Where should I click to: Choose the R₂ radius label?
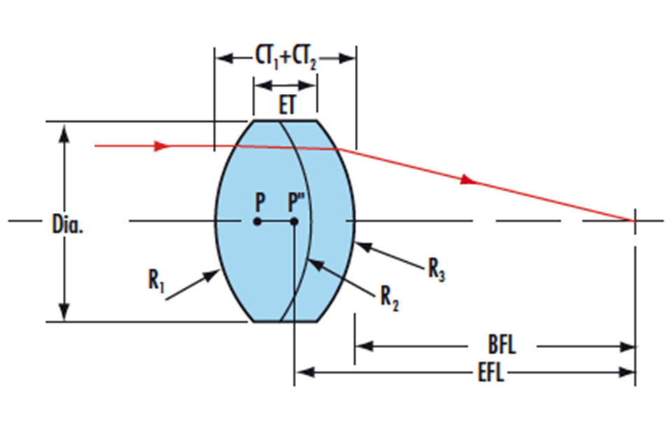[x=389, y=297]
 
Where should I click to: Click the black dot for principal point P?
[x=258, y=221]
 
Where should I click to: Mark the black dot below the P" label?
[x=295, y=221]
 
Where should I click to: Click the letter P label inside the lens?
[x=260, y=203]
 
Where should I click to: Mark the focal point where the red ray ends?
[x=635, y=221]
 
